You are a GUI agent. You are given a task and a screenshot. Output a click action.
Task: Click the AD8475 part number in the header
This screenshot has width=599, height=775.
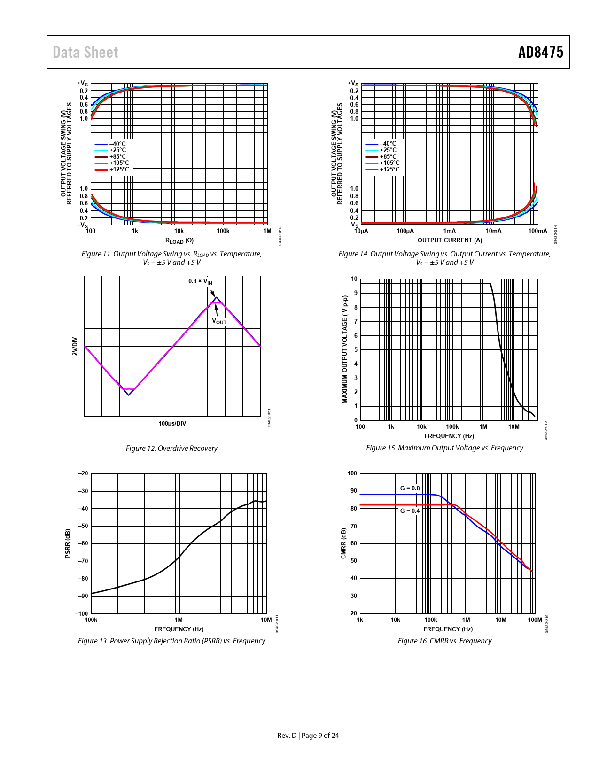[540, 52]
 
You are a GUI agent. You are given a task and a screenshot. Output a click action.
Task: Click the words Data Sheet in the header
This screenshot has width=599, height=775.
[85, 52]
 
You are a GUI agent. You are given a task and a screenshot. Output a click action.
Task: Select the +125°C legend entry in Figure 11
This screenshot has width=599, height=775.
[119, 170]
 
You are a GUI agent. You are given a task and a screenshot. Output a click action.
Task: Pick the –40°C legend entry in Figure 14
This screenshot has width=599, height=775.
[388, 144]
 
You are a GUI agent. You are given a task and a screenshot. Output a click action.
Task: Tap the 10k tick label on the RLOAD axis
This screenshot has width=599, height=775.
[179, 231]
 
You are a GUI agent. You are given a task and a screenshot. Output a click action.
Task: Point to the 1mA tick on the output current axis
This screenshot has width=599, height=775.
[450, 231]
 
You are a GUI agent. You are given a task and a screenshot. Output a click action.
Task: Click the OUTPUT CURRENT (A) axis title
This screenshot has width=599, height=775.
[450, 240]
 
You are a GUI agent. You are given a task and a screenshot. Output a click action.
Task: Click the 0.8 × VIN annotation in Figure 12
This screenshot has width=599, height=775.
[200, 281]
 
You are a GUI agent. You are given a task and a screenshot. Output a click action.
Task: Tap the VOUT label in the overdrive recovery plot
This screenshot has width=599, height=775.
[219, 321]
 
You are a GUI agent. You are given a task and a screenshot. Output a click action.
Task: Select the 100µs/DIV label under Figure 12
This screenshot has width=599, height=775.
[172, 424]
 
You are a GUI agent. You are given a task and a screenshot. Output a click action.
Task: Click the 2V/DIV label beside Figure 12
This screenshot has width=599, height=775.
[75, 346]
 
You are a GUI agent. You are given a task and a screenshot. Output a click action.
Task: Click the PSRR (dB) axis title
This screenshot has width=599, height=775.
[68, 543]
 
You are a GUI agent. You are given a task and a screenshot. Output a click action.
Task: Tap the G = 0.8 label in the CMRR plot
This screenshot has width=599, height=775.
[410, 488]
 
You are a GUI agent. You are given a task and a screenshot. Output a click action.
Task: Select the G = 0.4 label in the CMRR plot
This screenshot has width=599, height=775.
[410, 511]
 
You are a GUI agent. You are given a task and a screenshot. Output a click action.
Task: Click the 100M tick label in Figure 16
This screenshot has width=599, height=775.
[535, 620]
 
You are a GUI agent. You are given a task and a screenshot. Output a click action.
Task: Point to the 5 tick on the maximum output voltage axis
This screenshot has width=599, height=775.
[356, 350]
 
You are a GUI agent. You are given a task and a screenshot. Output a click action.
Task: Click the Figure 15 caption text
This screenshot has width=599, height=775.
[444, 448]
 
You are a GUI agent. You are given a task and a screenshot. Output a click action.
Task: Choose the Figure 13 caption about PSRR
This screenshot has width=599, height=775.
[171, 641]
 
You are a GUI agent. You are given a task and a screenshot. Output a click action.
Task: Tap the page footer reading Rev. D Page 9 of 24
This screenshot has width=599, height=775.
[308, 736]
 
